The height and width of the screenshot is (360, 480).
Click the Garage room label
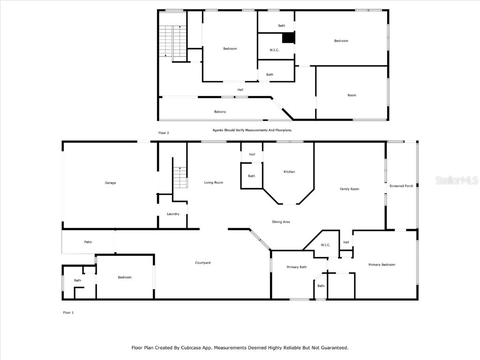[110, 183]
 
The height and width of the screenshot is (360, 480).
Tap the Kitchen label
[289, 172]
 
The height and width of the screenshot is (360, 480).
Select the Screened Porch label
[401, 186]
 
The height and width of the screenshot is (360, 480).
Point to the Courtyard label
[202, 263]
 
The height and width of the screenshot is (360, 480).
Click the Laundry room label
[173, 214]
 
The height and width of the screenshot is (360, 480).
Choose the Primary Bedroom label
[382, 265]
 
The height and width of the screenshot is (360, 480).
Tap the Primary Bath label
[296, 267]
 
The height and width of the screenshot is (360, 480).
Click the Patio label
[88, 242]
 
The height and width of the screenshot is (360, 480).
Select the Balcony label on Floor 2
[220, 112]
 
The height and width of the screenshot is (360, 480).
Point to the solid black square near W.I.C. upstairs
[288, 38]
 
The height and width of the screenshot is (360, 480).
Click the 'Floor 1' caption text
[68, 313]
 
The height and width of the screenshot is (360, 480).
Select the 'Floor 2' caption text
[164, 133]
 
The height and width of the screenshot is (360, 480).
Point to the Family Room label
[349, 189]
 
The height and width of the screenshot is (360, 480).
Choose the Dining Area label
[281, 222]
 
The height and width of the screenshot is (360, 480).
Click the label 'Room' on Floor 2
[352, 95]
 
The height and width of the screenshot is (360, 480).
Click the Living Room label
[213, 183]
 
